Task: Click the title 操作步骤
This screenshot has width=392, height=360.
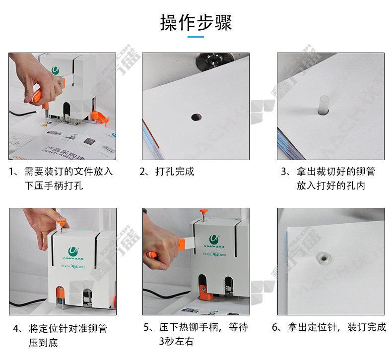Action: pyautogui.click(x=196, y=22)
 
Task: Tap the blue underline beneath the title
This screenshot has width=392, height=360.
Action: pyautogui.click(x=196, y=37)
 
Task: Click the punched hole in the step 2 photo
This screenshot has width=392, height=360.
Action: pyautogui.click(x=196, y=117)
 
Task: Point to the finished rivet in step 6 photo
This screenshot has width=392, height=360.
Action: pyautogui.click(x=324, y=258)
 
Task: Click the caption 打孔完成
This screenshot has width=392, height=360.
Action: pyautogui.click(x=175, y=172)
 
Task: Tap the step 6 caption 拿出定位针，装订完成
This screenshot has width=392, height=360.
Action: pyautogui.click(x=336, y=327)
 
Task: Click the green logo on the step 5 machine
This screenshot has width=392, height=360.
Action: pyautogui.click(x=214, y=240)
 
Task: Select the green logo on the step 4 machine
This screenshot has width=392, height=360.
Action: pyautogui.click(x=73, y=251)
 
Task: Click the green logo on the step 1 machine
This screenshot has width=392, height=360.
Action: pyautogui.click(x=56, y=70)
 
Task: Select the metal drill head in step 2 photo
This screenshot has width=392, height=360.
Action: pyautogui.click(x=212, y=60)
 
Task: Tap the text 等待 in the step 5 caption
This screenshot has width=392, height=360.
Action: pyautogui.click(x=238, y=327)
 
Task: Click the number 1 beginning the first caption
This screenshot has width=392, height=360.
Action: pyautogui.click(x=11, y=172)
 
